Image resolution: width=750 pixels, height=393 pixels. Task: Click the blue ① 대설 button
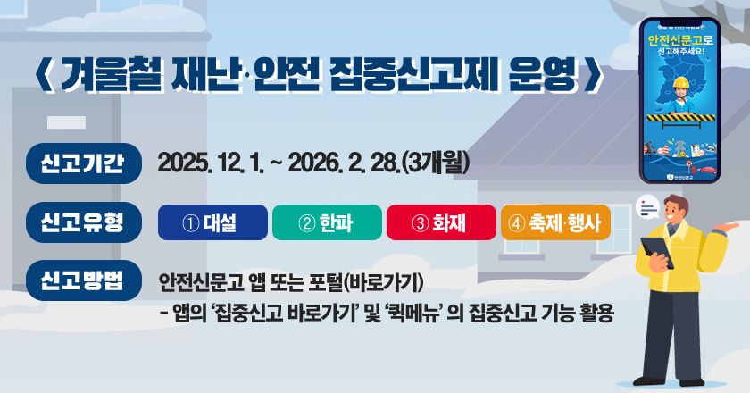point(212,222)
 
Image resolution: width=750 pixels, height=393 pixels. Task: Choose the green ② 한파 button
point(327,222)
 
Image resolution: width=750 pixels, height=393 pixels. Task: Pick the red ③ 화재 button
point(440,222)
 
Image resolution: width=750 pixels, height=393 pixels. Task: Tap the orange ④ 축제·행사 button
point(555,222)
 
